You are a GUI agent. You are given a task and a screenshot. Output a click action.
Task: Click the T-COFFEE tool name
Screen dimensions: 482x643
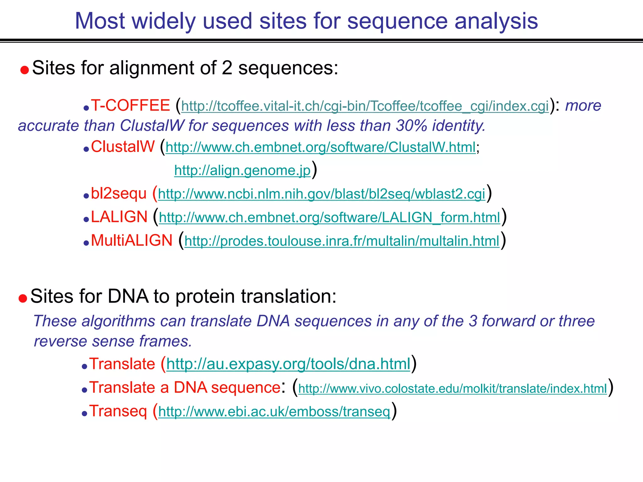point(130,106)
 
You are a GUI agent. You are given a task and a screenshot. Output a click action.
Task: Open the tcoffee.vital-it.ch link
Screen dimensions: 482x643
point(365,106)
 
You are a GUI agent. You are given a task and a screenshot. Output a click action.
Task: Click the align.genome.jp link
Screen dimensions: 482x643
point(242,171)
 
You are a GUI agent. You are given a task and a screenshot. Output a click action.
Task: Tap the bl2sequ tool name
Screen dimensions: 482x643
point(119,194)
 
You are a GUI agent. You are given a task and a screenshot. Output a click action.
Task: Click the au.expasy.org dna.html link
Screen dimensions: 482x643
point(288,364)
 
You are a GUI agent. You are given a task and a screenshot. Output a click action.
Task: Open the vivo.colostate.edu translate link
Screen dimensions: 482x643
point(452,389)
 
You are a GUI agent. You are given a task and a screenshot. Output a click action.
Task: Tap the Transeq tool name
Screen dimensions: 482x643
point(118,411)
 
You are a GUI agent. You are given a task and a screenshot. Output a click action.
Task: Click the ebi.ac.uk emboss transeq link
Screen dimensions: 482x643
point(274,412)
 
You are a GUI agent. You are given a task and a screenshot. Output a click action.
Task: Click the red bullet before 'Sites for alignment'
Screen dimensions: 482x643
point(24,70)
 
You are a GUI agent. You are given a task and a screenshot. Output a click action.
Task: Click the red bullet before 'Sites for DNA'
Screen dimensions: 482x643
point(23,298)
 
